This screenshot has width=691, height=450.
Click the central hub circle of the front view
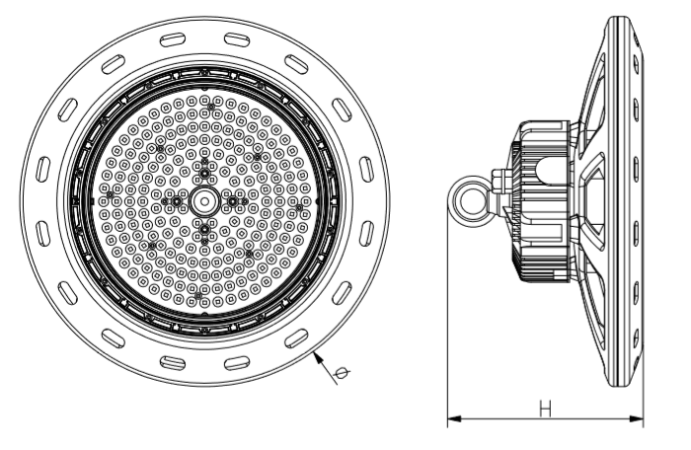pyautogui.click(x=204, y=200)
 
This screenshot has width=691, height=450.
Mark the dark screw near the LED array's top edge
pyautogui.click(x=204, y=101)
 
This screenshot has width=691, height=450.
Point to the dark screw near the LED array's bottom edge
pyautogui.click(x=200, y=295)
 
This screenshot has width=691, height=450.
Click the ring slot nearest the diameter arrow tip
pyautogui.click(x=295, y=337)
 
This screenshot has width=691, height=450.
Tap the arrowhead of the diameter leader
pyautogui.click(x=318, y=356)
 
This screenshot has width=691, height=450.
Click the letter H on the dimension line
pyautogui.click(x=543, y=408)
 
